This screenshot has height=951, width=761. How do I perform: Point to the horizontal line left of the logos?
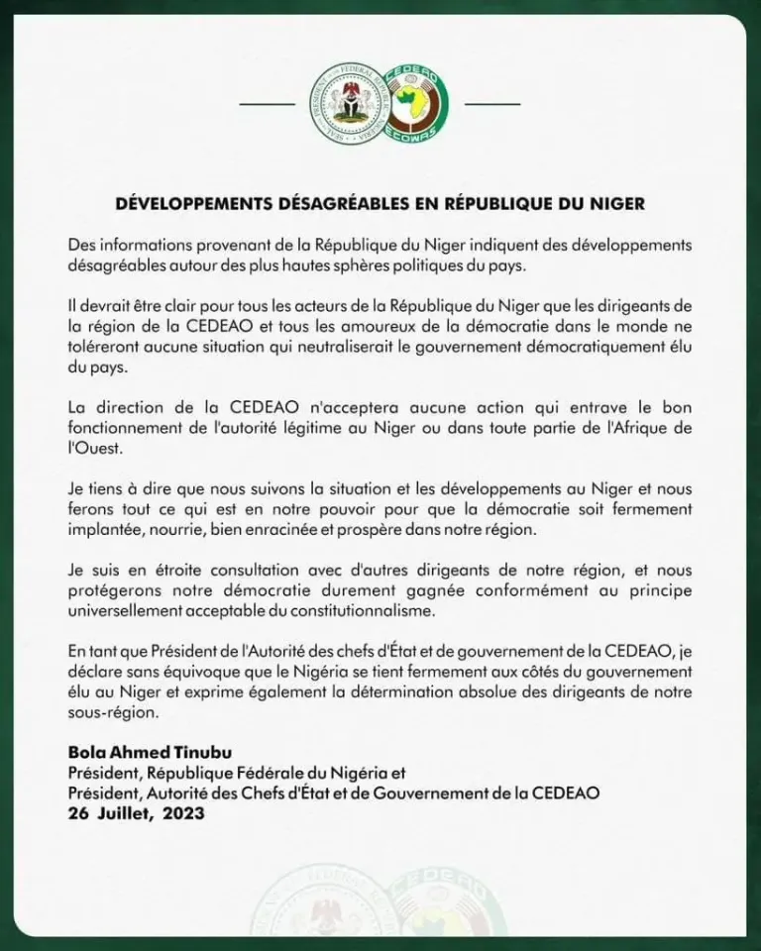268,103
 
